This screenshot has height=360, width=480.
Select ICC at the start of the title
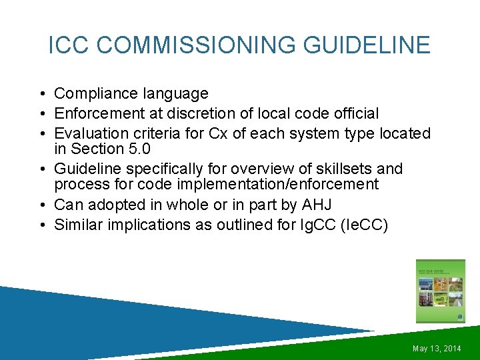pyautogui.click(x=67, y=45)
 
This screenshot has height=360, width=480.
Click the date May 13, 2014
pyautogui.click(x=437, y=349)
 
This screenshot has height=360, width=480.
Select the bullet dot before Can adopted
pyautogui.click(x=42, y=204)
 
